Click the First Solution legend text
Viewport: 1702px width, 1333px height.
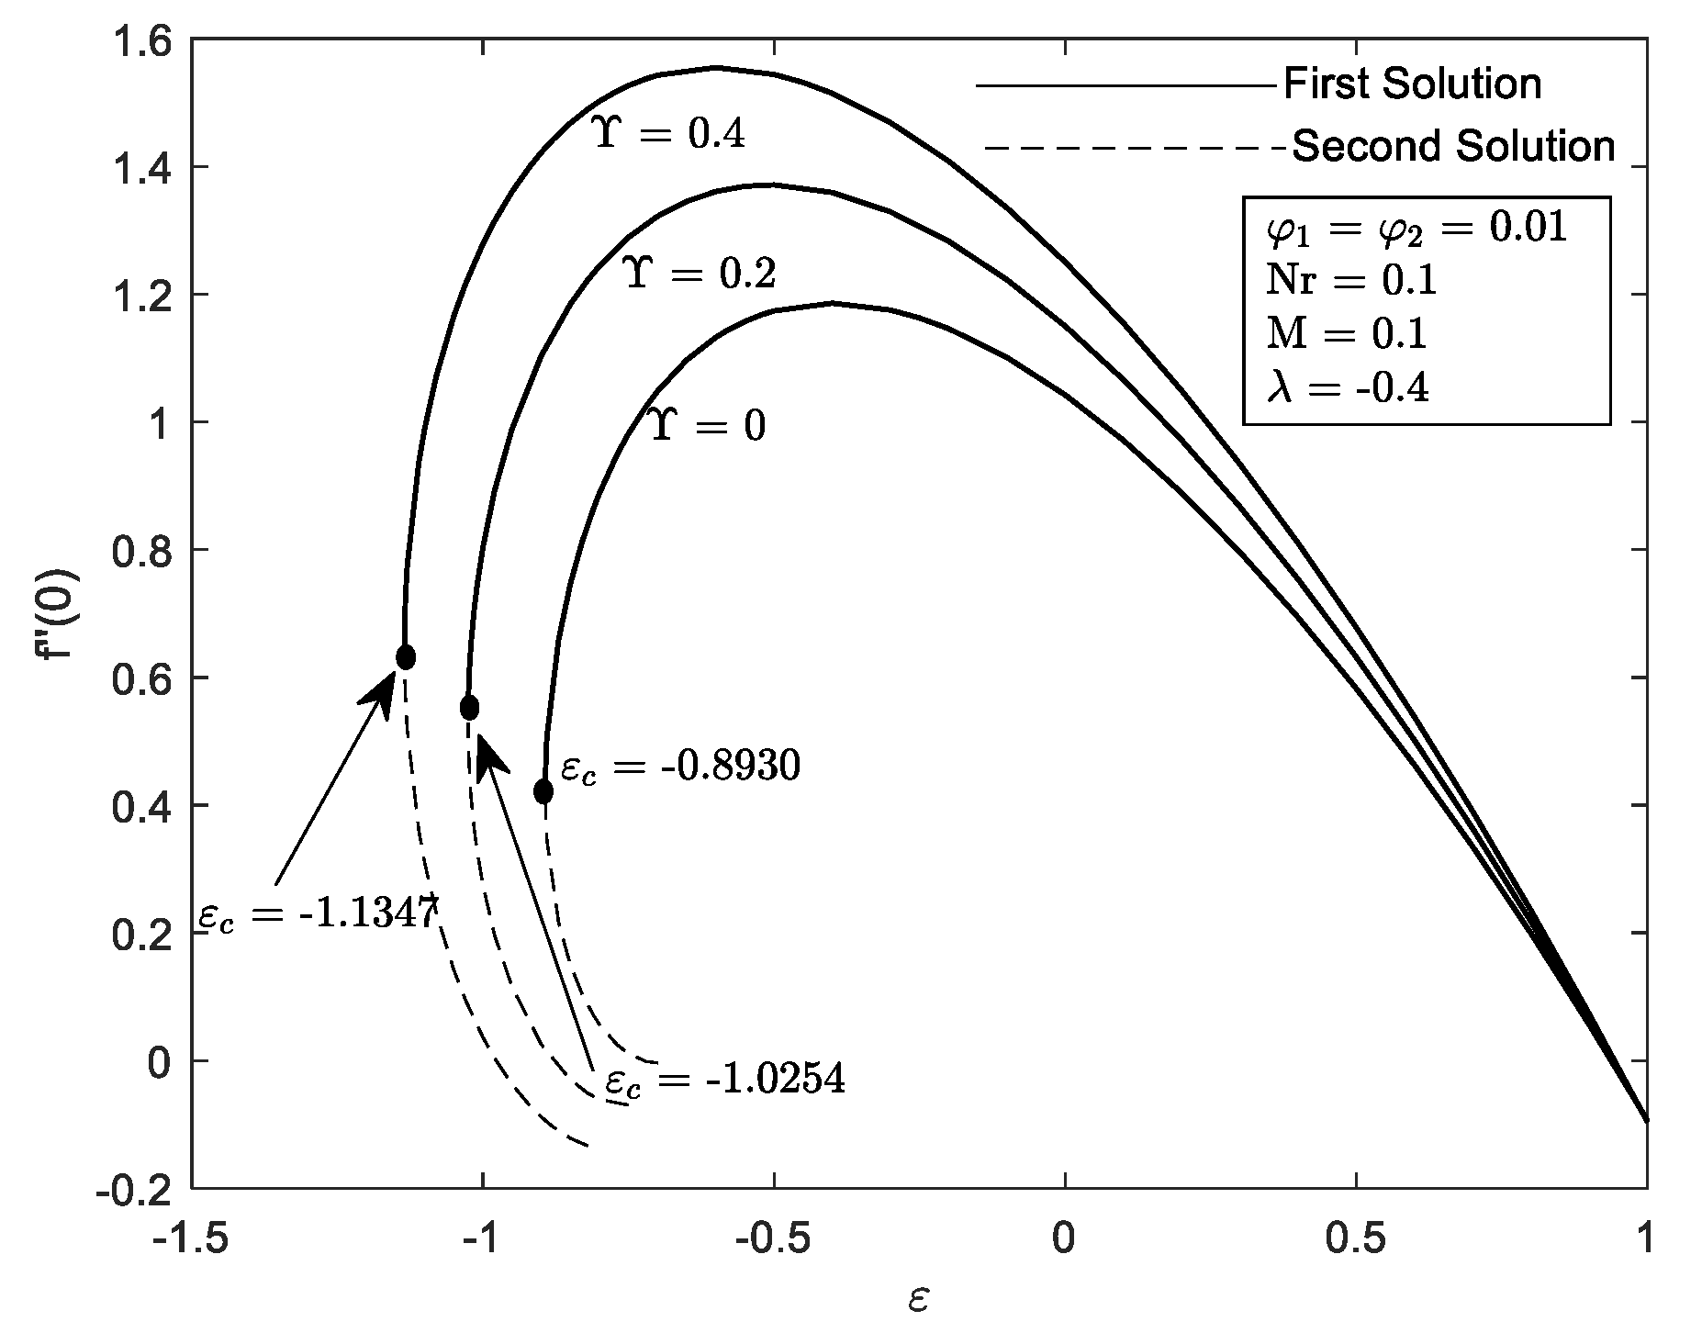(x=1411, y=84)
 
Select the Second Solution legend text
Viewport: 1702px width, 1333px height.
(x=1453, y=147)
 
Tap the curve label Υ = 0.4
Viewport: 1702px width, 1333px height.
(x=667, y=134)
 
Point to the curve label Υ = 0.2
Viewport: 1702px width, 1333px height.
(x=700, y=273)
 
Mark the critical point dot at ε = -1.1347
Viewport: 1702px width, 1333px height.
(x=405, y=657)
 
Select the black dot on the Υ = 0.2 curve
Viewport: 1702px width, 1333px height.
(x=469, y=708)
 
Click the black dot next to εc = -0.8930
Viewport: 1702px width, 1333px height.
(x=543, y=790)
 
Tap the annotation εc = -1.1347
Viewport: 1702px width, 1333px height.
(x=317, y=915)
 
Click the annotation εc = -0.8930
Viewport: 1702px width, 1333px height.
(x=679, y=767)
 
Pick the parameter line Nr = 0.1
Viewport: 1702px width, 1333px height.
(x=1351, y=281)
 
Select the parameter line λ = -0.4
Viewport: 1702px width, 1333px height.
(x=1348, y=389)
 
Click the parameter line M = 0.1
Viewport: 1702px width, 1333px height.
(x=1347, y=335)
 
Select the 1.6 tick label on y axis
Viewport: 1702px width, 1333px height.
(x=140, y=40)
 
